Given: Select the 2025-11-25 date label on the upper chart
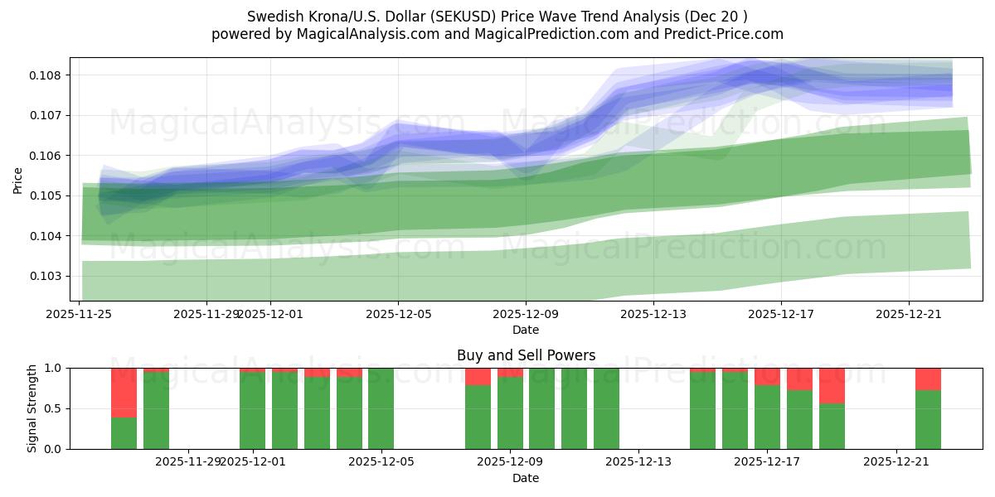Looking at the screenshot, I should (x=80, y=314).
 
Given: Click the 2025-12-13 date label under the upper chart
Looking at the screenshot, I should (x=653, y=314).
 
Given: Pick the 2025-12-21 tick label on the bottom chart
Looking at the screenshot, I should (x=896, y=461).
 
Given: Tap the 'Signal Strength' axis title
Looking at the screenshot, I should (x=32, y=408).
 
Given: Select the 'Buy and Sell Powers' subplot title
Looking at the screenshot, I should (x=526, y=355).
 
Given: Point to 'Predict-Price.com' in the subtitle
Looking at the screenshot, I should (x=727, y=34).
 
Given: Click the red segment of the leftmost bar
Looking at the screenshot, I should (x=124, y=392).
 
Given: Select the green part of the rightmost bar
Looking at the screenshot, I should (x=928, y=419).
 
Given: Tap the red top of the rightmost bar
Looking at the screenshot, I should (x=928, y=379).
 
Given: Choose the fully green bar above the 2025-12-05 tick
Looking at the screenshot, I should (x=381, y=408).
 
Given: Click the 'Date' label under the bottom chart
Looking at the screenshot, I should (x=526, y=478).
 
